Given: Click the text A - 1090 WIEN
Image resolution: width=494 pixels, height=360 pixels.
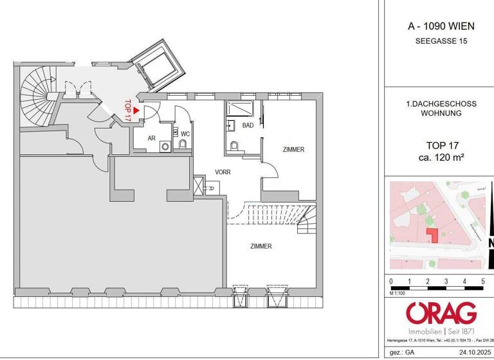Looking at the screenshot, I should point(441,26).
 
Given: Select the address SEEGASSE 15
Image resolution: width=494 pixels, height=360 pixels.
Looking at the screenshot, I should point(441,41).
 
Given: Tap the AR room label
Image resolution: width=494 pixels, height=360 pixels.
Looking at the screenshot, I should point(152,138).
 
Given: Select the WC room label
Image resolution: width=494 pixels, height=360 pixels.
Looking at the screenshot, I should point(185,134).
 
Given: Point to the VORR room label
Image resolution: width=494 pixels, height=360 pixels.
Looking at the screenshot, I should point(223,172).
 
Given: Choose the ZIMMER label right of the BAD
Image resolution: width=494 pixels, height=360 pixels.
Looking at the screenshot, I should point(293,149).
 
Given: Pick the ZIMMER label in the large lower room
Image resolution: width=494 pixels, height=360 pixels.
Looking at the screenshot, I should point(261,246).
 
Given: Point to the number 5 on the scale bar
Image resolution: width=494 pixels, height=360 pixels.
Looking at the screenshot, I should point(482,281).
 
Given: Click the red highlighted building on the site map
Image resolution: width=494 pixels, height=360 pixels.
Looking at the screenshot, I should point(432,235).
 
